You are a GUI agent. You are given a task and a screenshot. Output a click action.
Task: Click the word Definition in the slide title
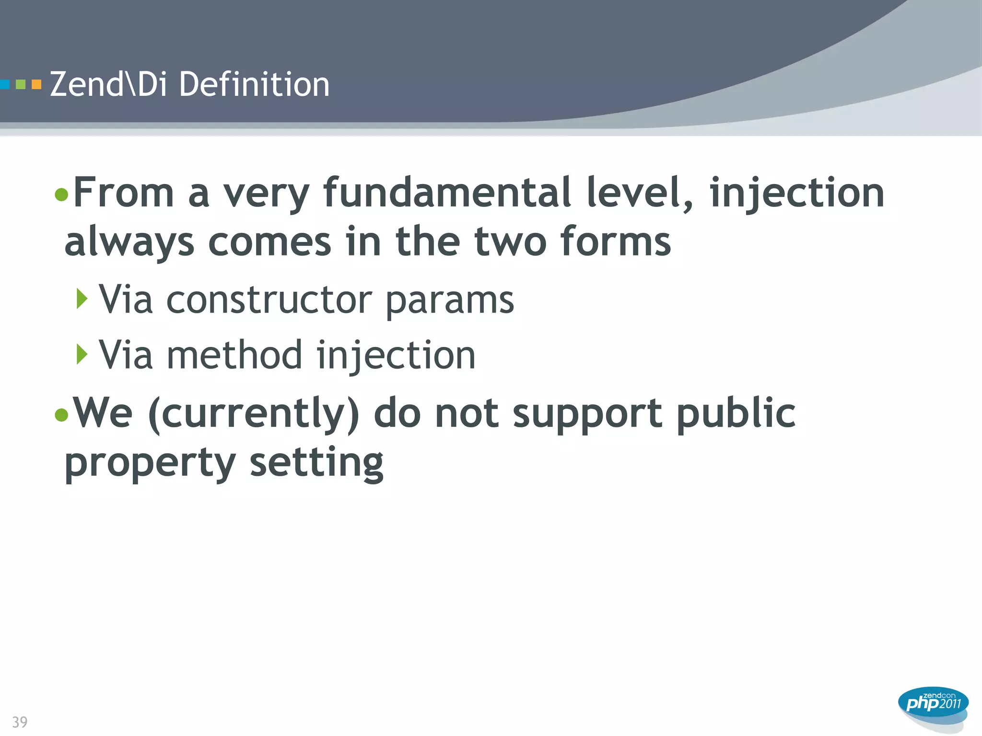254,84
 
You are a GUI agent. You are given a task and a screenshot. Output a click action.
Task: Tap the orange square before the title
36,85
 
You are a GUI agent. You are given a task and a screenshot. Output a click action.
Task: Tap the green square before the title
21,85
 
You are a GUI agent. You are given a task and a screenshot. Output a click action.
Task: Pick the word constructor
269,300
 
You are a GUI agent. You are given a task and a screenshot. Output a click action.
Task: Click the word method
234,355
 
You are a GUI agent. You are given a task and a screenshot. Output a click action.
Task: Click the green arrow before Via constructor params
82,299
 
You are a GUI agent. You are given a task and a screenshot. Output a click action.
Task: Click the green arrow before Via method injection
82,354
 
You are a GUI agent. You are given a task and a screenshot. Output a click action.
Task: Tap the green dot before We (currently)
61,414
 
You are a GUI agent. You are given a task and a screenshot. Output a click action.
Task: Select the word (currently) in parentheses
254,414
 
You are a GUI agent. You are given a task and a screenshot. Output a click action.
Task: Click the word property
150,464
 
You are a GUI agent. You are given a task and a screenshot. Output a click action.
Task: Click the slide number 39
20,722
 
